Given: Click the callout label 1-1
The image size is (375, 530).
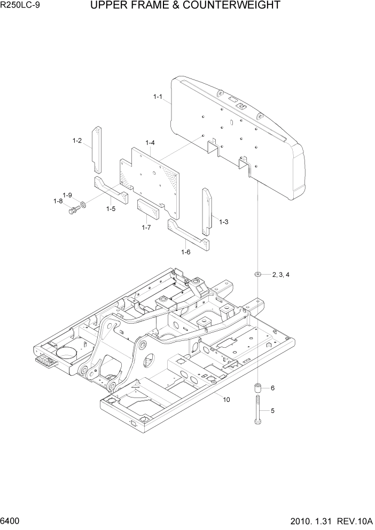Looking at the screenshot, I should (x=158, y=97).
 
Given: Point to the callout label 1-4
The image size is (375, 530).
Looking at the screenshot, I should (x=150, y=143).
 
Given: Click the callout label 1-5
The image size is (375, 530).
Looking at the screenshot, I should (x=111, y=208).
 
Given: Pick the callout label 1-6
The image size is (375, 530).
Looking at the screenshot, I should (x=186, y=252).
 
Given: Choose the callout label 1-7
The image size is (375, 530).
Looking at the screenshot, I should (x=146, y=228).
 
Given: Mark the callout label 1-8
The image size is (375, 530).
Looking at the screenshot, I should (x=58, y=201).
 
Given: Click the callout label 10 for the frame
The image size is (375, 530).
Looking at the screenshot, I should (x=226, y=399).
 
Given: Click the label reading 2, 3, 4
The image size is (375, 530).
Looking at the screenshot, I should (x=280, y=275).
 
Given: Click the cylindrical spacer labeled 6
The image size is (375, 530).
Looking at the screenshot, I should (x=257, y=388).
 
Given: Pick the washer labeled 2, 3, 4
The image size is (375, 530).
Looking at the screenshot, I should (x=257, y=275).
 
